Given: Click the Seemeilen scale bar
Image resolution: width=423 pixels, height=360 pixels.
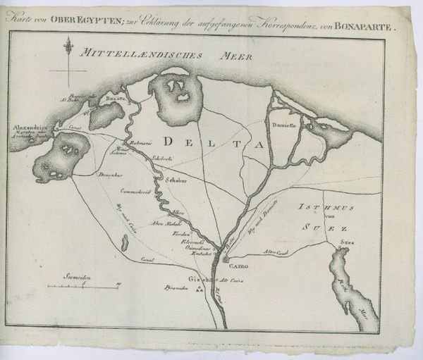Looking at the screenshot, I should pyautogui.click(x=83, y=287).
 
